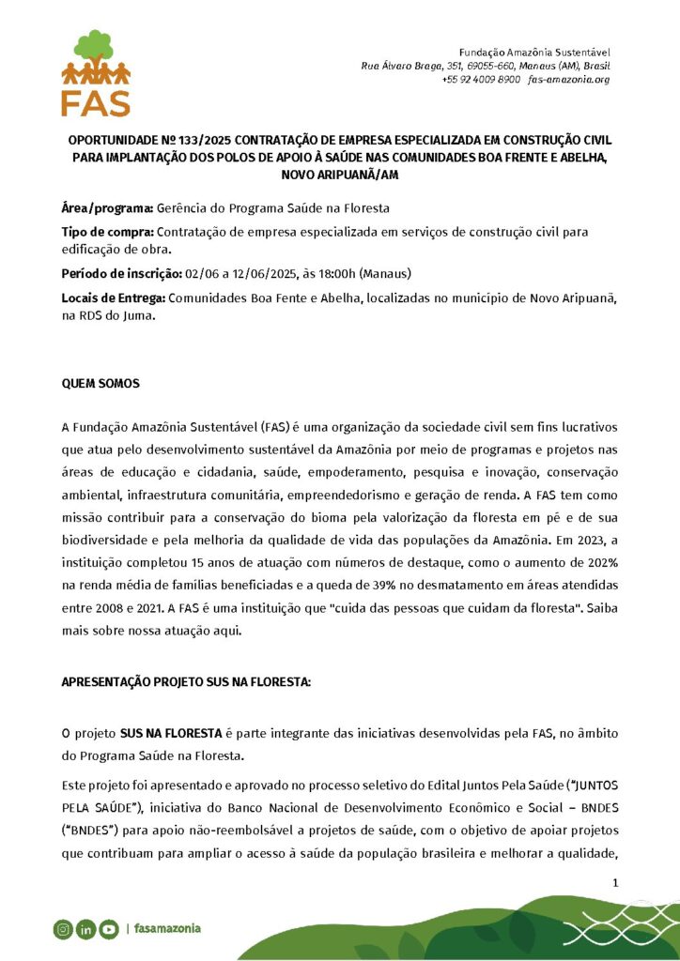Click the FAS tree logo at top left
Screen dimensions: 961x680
coord(96,72)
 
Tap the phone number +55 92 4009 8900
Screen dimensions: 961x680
coord(480,80)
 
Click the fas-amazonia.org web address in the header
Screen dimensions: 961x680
coord(569,80)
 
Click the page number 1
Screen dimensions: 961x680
coord(615,882)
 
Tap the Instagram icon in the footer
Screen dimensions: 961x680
coord(62,929)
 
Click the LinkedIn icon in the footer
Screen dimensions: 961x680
coord(85,929)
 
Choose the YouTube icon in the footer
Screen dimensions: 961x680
coord(109,929)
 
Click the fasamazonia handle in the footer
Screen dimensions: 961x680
coord(167,929)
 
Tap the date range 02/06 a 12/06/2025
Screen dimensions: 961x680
coord(240,273)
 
